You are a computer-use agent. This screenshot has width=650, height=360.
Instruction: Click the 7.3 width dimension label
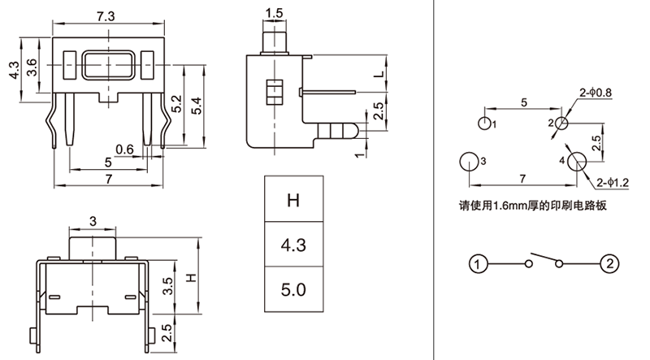click(x=105, y=15)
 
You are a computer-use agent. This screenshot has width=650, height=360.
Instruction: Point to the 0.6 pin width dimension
click(x=124, y=149)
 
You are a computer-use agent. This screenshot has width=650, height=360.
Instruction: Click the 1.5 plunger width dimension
click(x=274, y=14)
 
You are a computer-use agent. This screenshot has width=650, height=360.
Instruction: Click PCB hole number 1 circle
click(x=484, y=124)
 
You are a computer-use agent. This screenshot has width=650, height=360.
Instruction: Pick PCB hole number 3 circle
click(x=470, y=161)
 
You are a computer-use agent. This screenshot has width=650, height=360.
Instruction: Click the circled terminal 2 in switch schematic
click(x=609, y=263)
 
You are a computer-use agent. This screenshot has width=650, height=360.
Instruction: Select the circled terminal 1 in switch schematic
click(x=479, y=263)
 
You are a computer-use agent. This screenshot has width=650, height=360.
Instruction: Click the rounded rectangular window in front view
click(x=108, y=66)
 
